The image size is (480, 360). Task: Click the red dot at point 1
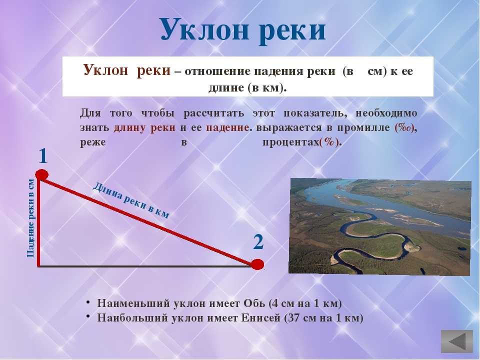[x=42, y=175]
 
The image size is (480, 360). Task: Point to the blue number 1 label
[x=43, y=156]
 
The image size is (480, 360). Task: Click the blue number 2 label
[x=258, y=242]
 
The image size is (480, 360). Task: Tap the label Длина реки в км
[x=130, y=200]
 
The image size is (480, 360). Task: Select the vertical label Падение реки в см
[x=30, y=218]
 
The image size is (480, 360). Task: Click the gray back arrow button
[x=457, y=341]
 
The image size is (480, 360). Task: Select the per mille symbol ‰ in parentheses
[x=404, y=127]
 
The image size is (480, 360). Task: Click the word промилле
[x=363, y=127]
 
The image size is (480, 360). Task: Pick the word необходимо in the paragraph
[x=386, y=113]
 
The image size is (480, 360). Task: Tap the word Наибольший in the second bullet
[x=133, y=318]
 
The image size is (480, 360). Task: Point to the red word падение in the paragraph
[x=227, y=127]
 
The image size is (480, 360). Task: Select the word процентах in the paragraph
[x=291, y=142]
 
